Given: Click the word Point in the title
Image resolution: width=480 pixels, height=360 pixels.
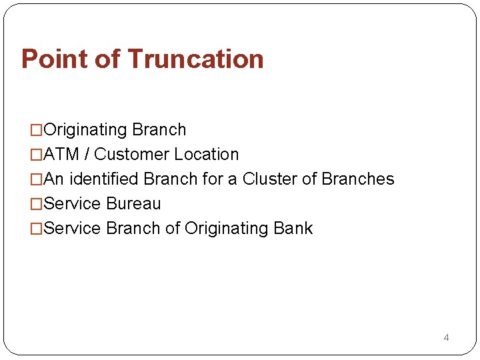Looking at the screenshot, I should coord(54,59).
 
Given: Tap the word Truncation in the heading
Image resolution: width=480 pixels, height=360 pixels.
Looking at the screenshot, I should coord(195,59).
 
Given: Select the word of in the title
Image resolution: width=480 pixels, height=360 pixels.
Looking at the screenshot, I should coord(107,59).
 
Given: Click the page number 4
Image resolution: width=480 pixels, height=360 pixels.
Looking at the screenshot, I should coord(446,337).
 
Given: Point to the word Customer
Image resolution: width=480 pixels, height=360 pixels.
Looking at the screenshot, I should coord(131,154).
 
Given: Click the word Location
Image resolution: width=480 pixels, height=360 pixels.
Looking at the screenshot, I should coord(206,154).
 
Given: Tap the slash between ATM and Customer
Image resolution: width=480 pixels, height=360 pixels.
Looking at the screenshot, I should coord(87,154).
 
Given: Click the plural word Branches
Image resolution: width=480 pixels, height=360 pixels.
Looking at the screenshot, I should coord(358,179).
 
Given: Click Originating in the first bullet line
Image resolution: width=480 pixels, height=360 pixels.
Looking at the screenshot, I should coord(85,129).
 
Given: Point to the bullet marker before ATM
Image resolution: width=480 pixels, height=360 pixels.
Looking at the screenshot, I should coord(37,155).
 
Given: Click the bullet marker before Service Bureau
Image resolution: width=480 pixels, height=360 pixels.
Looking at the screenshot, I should coord(37,204).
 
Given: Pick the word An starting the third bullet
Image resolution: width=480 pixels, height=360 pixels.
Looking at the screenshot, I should coord(54,179).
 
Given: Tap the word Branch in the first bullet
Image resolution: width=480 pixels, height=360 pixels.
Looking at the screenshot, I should coord(159,129).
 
